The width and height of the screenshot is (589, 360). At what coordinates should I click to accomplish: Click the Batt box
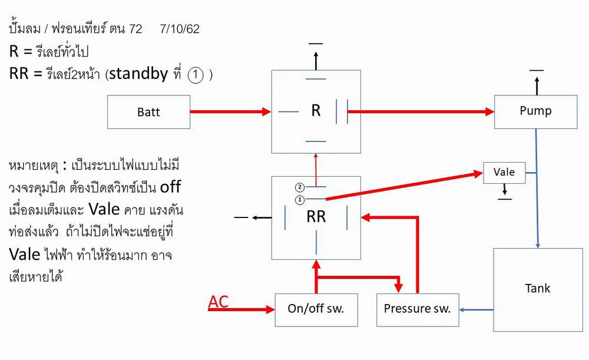click(148, 112)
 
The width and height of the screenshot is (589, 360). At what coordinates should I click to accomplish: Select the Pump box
click(535, 111)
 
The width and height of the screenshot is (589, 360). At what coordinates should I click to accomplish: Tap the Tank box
click(537, 289)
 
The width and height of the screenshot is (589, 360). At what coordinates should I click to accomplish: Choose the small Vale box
click(504, 173)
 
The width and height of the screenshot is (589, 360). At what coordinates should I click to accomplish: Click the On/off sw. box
click(316, 309)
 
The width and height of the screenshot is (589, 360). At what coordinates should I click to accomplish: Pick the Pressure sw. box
click(418, 309)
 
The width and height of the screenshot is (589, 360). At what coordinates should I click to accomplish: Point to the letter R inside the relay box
click(316, 111)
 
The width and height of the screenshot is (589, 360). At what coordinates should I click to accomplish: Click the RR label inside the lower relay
click(316, 216)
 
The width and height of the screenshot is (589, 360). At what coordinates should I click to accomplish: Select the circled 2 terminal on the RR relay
click(299, 187)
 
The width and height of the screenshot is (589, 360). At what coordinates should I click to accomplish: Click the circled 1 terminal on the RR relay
click(299, 199)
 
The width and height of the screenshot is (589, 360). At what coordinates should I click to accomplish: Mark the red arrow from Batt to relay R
click(230, 111)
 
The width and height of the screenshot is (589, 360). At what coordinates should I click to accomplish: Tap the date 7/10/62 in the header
click(179, 29)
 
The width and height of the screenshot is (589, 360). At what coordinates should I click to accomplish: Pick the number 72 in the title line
click(135, 29)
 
